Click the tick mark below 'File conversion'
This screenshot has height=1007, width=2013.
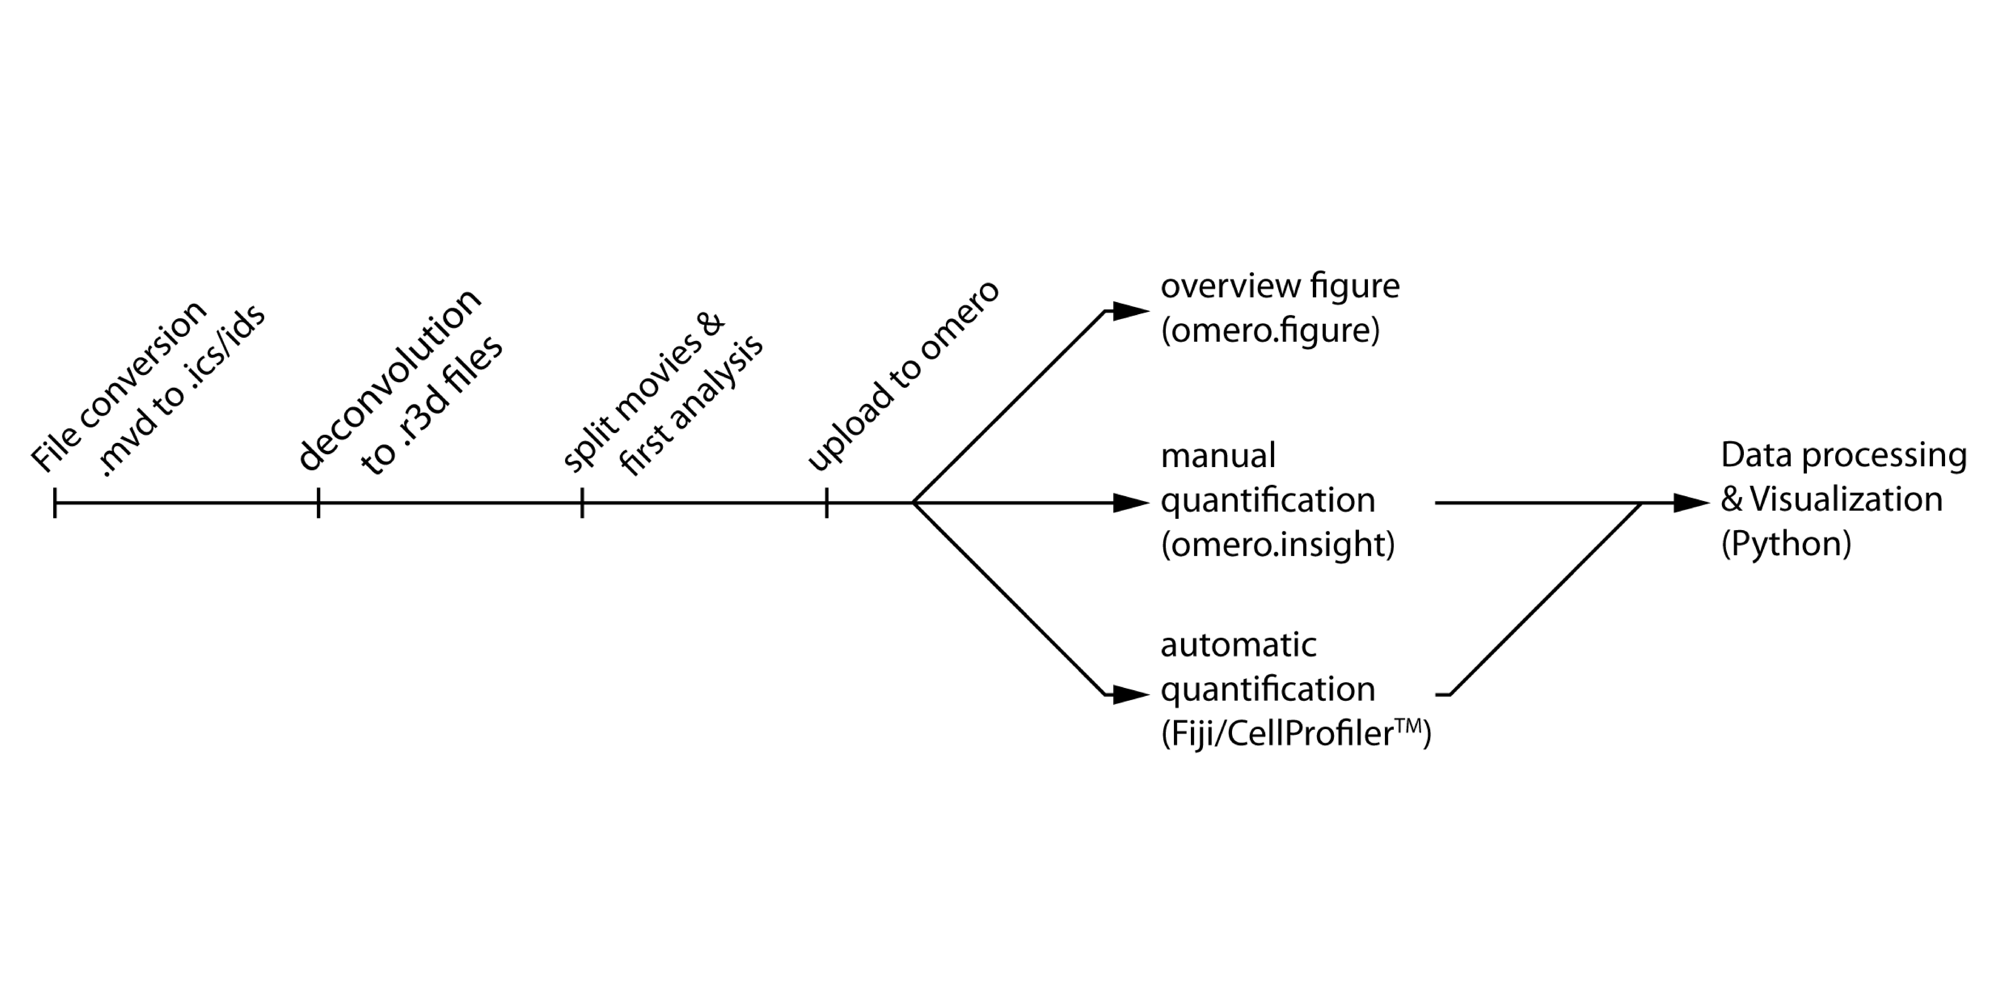[x=55, y=503]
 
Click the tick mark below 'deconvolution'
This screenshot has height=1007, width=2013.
[x=318, y=503]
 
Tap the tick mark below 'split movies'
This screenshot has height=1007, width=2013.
[x=582, y=503]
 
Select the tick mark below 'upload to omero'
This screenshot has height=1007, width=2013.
[x=827, y=503]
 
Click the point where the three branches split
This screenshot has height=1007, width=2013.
[x=913, y=503]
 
